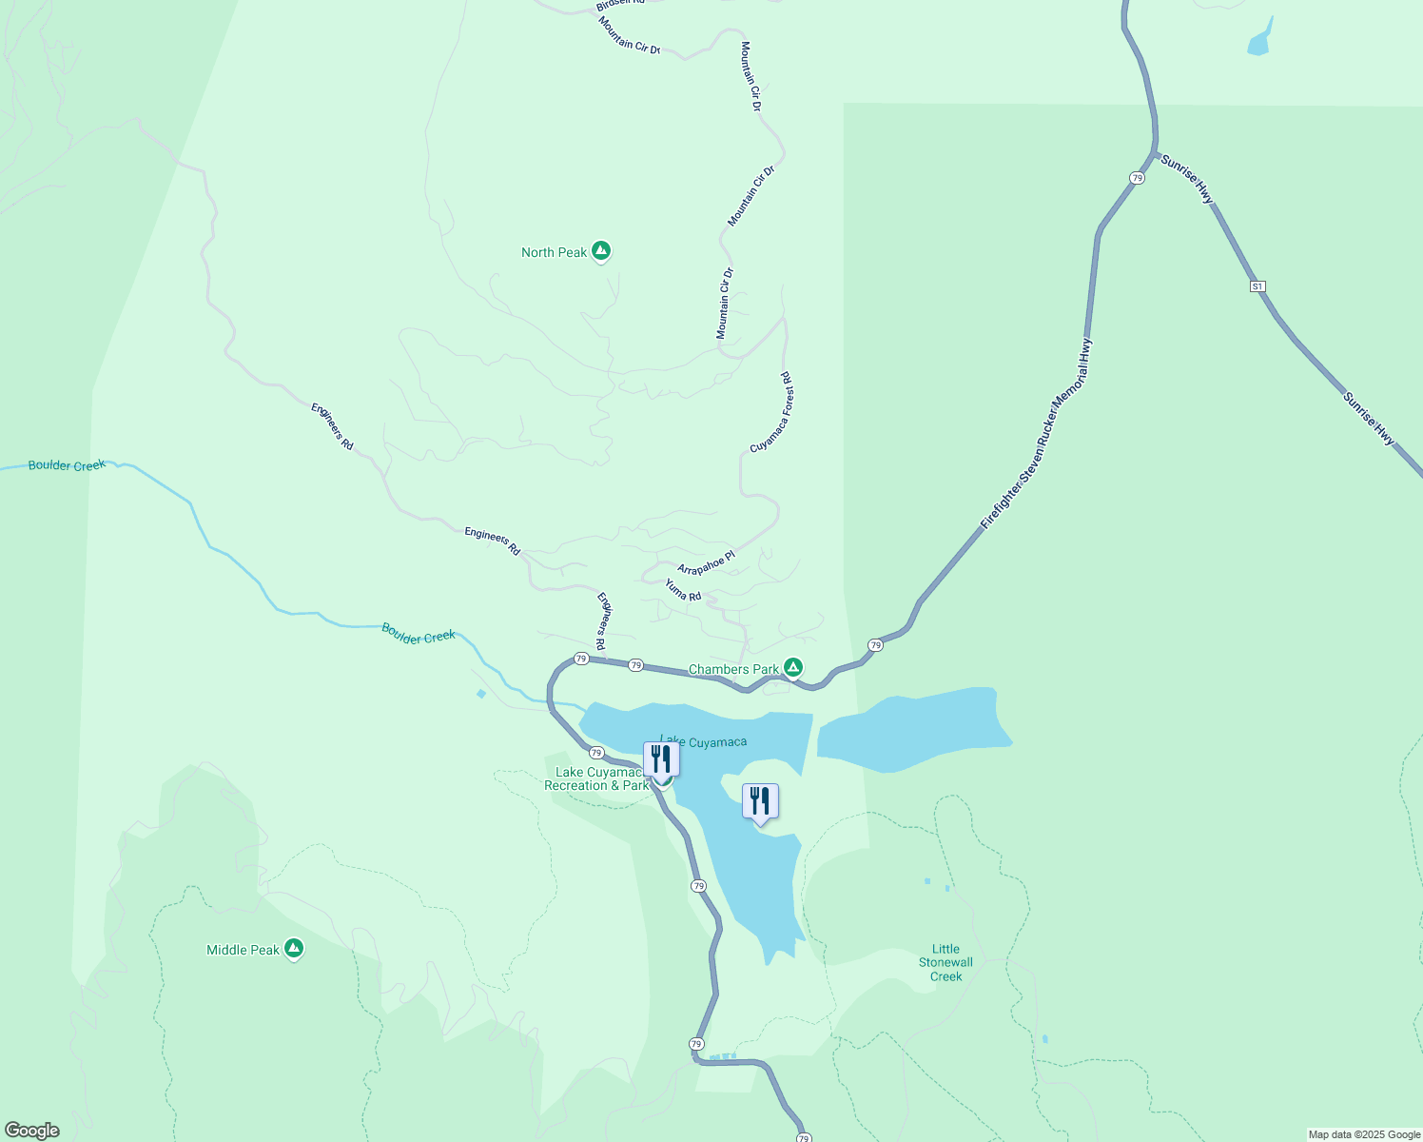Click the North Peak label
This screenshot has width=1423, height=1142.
point(554,252)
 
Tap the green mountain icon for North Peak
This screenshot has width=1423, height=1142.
point(600,250)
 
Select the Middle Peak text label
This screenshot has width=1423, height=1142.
point(243,950)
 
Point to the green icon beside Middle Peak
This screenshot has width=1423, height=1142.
point(294,948)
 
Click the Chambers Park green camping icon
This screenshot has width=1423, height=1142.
point(793,668)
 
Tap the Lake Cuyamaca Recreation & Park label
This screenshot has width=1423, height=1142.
point(595,779)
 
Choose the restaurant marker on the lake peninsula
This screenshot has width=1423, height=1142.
point(759,800)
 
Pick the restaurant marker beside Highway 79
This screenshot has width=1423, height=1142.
point(661,758)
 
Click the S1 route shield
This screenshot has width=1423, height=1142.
point(1257,286)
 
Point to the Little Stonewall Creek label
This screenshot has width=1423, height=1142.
point(945,962)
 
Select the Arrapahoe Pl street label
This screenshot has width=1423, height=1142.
point(706,562)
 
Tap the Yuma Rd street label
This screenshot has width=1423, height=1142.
point(683,591)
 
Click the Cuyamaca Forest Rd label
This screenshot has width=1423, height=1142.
point(771,412)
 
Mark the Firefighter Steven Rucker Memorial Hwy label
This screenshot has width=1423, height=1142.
point(1037,434)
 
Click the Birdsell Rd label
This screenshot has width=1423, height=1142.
point(620,5)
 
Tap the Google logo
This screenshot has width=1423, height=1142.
point(31,1131)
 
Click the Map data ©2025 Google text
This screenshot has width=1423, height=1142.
point(1364,1134)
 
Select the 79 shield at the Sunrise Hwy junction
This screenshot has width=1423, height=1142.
point(1137,178)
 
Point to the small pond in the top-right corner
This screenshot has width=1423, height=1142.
point(1259,41)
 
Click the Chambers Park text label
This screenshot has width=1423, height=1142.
point(733,669)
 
